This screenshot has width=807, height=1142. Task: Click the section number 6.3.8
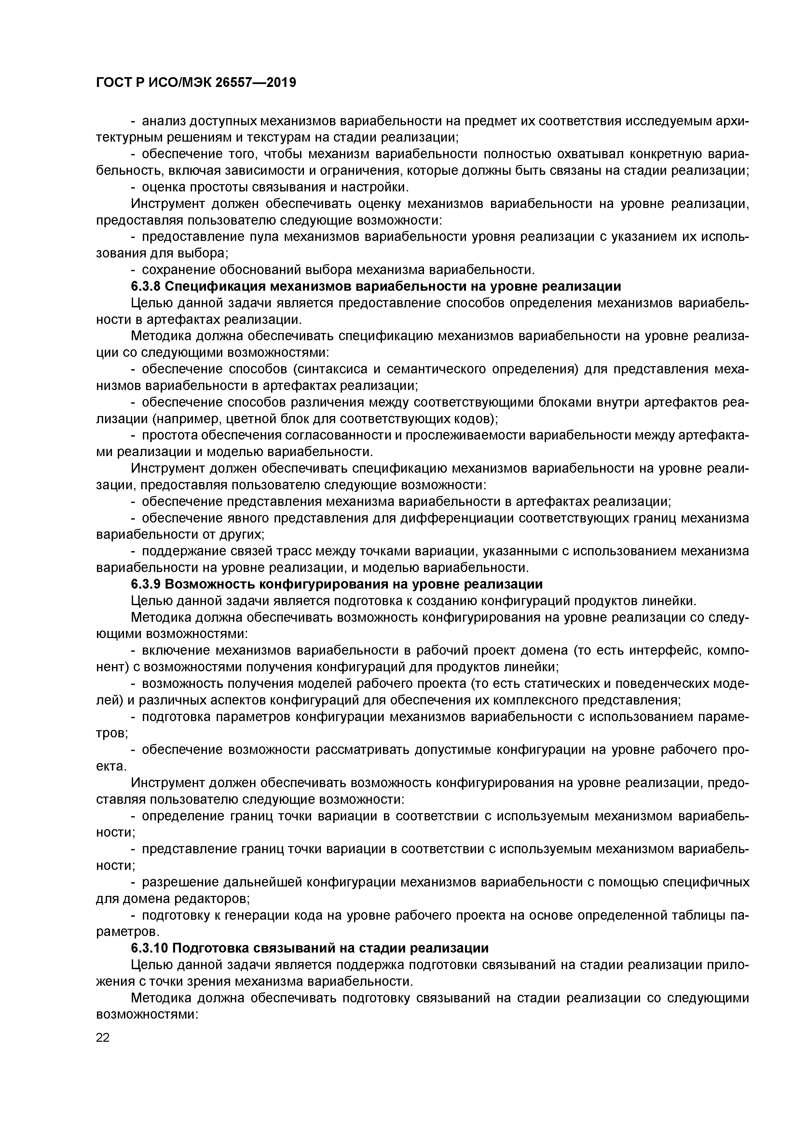click(145, 286)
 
